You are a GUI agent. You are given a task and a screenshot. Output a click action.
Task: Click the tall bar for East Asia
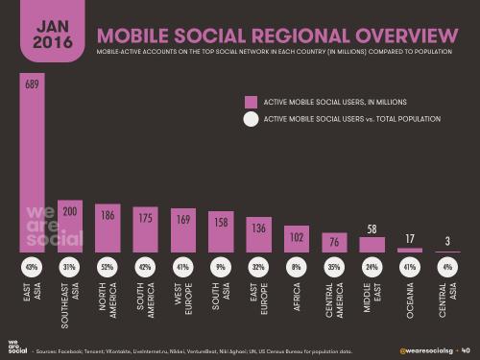pyautogui.click(x=31, y=163)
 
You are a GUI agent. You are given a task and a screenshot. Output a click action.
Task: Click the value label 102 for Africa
pyautogui.click(x=295, y=235)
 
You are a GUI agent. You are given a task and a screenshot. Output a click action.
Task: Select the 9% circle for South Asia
pyautogui.click(x=220, y=266)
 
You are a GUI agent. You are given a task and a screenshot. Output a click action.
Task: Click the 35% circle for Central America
pyautogui.click(x=332, y=266)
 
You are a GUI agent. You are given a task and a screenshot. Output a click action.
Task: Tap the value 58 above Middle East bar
pyautogui.click(x=371, y=228)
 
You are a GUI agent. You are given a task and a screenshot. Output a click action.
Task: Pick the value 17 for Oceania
pyautogui.click(x=408, y=238)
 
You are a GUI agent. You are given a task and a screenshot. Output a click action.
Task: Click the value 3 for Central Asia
pyautogui.click(x=445, y=240)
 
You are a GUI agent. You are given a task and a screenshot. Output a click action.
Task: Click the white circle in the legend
pyautogui.click(x=252, y=120)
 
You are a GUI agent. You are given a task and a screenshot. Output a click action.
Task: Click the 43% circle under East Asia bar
pyautogui.click(x=31, y=266)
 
